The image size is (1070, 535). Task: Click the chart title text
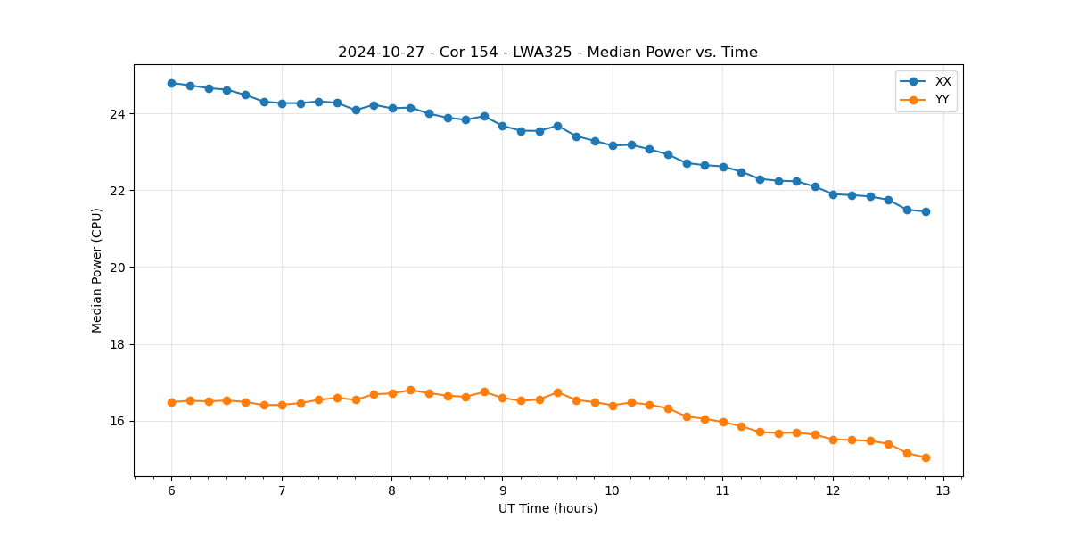(x=547, y=53)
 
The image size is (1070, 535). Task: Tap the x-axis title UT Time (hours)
(x=547, y=509)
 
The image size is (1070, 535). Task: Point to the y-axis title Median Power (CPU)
(x=97, y=270)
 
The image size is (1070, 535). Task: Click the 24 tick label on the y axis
(x=119, y=114)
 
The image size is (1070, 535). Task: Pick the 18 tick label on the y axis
(x=119, y=344)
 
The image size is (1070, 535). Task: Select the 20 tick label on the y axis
(x=119, y=267)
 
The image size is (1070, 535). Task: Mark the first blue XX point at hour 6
(x=171, y=83)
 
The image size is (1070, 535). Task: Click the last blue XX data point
(x=926, y=211)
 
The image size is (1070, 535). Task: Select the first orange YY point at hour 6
(x=171, y=402)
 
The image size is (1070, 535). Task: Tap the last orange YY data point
(x=926, y=457)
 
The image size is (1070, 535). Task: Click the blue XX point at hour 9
(x=502, y=126)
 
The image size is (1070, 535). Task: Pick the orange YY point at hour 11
(x=723, y=422)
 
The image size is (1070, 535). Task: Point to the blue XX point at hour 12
(x=833, y=194)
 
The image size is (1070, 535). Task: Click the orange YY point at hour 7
(x=282, y=405)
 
